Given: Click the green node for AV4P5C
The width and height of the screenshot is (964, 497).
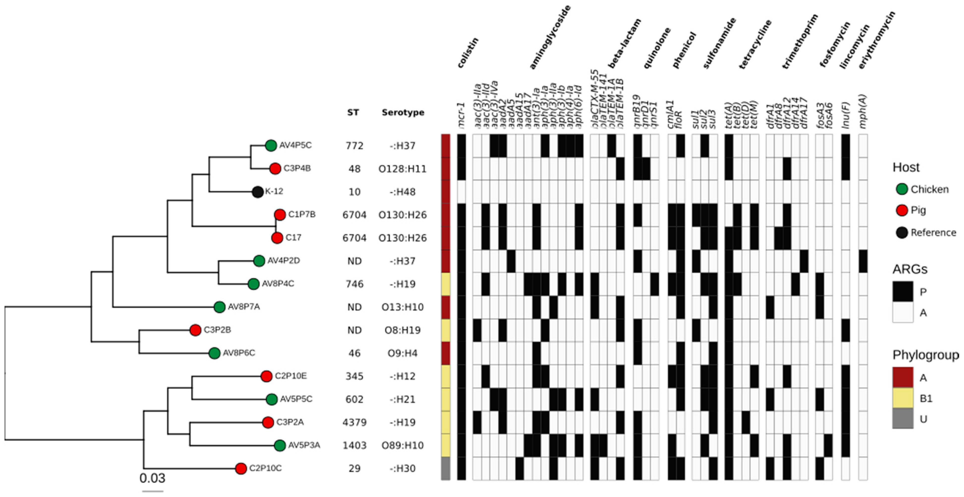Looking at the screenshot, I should point(271,145).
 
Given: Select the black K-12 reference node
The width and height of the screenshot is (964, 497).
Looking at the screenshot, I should point(258,192).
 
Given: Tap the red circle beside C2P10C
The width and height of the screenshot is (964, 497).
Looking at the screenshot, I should point(241,468).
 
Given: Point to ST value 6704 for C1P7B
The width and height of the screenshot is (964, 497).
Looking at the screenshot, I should point(354,215).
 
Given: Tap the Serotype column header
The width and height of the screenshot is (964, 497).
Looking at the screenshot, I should point(403,112).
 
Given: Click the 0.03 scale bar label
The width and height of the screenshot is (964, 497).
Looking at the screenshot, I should point(152,478).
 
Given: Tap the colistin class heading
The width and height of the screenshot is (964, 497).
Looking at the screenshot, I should point(468,53).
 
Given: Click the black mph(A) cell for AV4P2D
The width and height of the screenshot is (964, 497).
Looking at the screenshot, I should point(863,261).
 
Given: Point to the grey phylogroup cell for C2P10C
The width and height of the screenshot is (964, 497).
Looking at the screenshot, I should point(445,468).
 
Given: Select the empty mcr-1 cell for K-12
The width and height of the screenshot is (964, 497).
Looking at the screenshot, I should point(461,192).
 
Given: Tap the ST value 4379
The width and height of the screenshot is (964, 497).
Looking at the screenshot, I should point(354,422).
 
